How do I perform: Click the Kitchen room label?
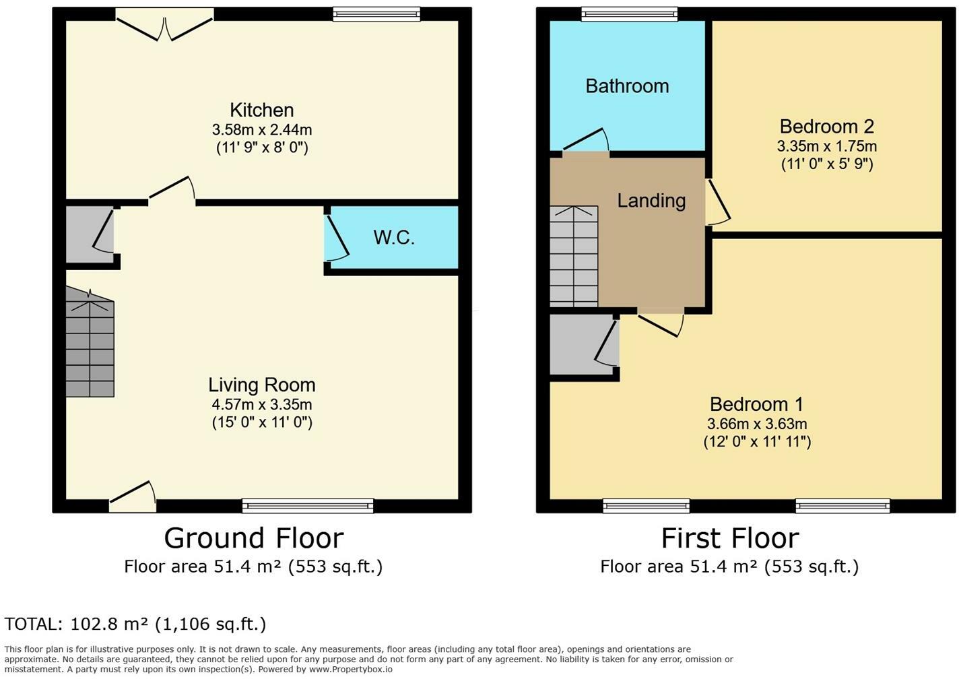[261, 110]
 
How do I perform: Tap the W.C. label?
[394, 238]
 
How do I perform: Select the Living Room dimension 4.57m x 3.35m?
[261, 404]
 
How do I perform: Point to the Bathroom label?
[627, 86]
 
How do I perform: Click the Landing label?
[651, 201]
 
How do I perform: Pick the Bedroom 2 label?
[827, 126]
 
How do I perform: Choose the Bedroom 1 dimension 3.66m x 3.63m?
[757, 424]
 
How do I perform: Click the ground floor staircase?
[90, 342]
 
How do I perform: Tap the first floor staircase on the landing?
[574, 257]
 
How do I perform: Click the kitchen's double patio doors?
[165, 25]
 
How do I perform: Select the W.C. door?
[337, 237]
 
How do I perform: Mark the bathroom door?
[587, 139]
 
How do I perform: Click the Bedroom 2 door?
[718, 201]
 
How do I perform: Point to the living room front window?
[308, 506]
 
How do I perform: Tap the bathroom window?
[629, 14]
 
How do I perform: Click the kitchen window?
[376, 14]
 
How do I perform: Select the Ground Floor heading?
[254, 538]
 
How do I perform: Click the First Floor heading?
[730, 538]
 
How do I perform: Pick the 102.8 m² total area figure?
[110, 624]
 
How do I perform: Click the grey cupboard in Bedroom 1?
[585, 344]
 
